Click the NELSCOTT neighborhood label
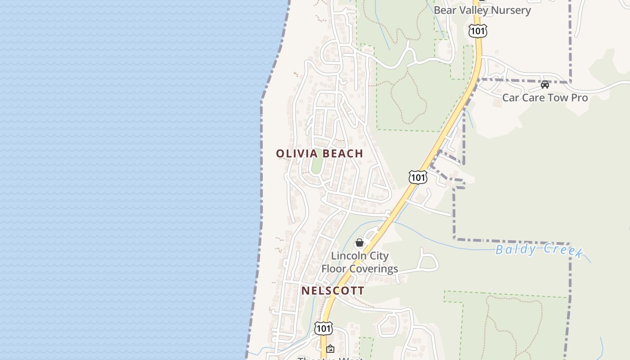tap(333, 291)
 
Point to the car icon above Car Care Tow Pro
tap(545, 84)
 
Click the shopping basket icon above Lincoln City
tap(359, 243)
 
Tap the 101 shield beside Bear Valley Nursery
tap(477, 31)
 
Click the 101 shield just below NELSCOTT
tap(324, 328)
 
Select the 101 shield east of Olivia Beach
tap(418, 177)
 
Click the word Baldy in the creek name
tap(515, 249)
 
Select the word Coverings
tap(373, 269)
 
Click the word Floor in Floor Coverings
tap(333, 269)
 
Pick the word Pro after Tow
tap(579, 98)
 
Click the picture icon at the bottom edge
tap(330, 349)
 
